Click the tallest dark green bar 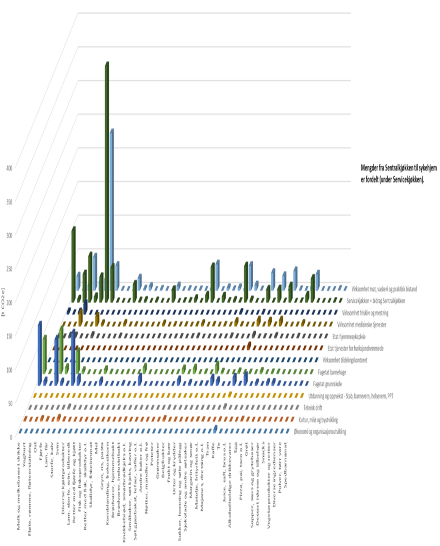pos(107,182)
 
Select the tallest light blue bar pos(111,211)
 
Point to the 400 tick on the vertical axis pos(9,167)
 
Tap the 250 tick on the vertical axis pos(9,268)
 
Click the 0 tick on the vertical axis pos(11,437)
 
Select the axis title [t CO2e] pos(3,302)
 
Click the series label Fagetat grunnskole pos(327,384)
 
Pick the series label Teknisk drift pos(313,408)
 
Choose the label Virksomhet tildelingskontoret pos(345,360)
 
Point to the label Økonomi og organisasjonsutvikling pos(320,432)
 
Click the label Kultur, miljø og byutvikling pos(318,420)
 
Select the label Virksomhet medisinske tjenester pos(362,325)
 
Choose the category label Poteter pos(152,452)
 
